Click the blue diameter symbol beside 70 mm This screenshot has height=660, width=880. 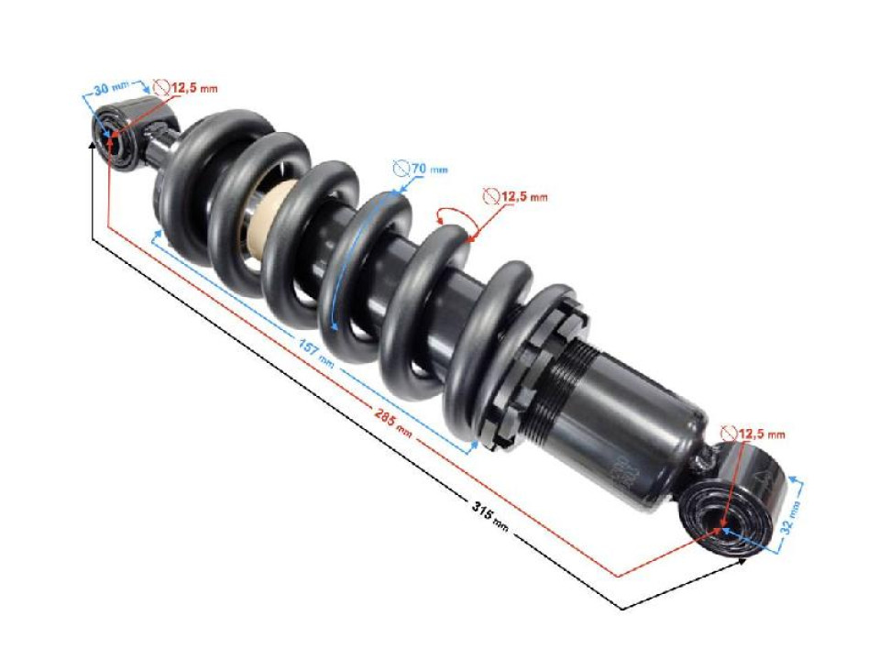tap(400, 169)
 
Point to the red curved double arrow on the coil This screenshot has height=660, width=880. tap(453, 218)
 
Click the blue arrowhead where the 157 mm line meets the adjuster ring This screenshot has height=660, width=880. tap(474, 443)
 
